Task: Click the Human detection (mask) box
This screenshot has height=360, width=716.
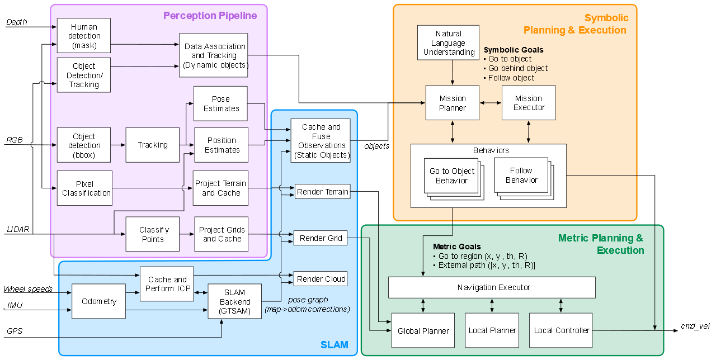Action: coord(83,36)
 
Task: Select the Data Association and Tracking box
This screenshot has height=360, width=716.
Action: coord(214,55)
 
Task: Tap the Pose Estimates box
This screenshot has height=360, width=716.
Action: coord(220,103)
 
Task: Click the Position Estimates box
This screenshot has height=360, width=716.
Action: coord(221,145)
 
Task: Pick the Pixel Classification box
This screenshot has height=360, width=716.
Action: coord(84,188)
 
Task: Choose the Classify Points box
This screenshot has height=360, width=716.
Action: coord(153,234)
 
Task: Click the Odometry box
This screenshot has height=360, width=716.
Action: coord(98,301)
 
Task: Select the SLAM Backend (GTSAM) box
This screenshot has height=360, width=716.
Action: coord(234,302)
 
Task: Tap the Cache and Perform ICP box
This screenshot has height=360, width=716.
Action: coord(167,284)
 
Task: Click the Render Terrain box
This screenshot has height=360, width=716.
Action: coord(322,192)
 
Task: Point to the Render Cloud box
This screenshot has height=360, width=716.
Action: coord(321,279)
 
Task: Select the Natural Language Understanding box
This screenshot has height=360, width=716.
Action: coord(449,42)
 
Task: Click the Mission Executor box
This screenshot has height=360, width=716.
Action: coord(529,103)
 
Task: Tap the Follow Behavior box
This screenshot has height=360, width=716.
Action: coord(521,176)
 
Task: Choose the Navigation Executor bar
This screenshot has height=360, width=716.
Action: coord(492,287)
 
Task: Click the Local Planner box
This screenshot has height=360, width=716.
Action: coord(492,330)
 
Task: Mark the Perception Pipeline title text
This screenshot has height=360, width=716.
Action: coord(210,16)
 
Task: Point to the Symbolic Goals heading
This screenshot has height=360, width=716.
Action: coord(514,50)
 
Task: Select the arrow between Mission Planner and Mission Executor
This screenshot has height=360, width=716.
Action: coord(491,103)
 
